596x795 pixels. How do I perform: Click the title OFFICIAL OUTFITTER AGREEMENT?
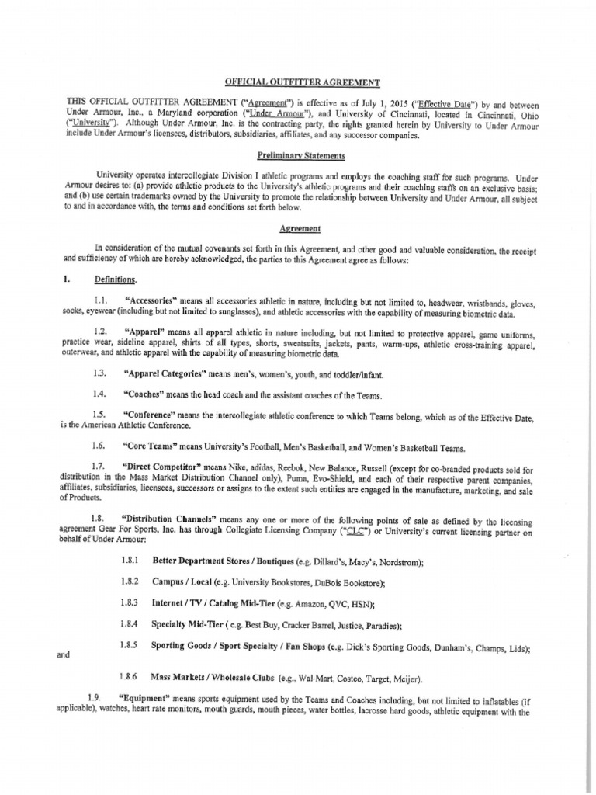click(303, 82)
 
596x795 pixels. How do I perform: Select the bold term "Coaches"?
click(146, 394)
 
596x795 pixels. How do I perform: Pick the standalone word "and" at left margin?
click(64, 654)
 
